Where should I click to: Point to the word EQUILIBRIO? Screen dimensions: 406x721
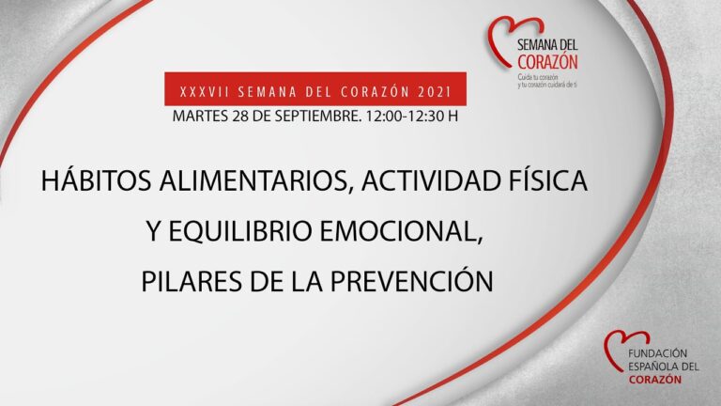pos(251,232)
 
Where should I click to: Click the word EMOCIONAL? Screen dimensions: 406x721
pos(415,232)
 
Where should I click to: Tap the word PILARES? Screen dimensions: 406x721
pos(189,281)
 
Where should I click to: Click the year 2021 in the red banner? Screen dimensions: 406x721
pos(433,92)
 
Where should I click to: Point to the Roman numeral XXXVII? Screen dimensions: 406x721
pos(200,92)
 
